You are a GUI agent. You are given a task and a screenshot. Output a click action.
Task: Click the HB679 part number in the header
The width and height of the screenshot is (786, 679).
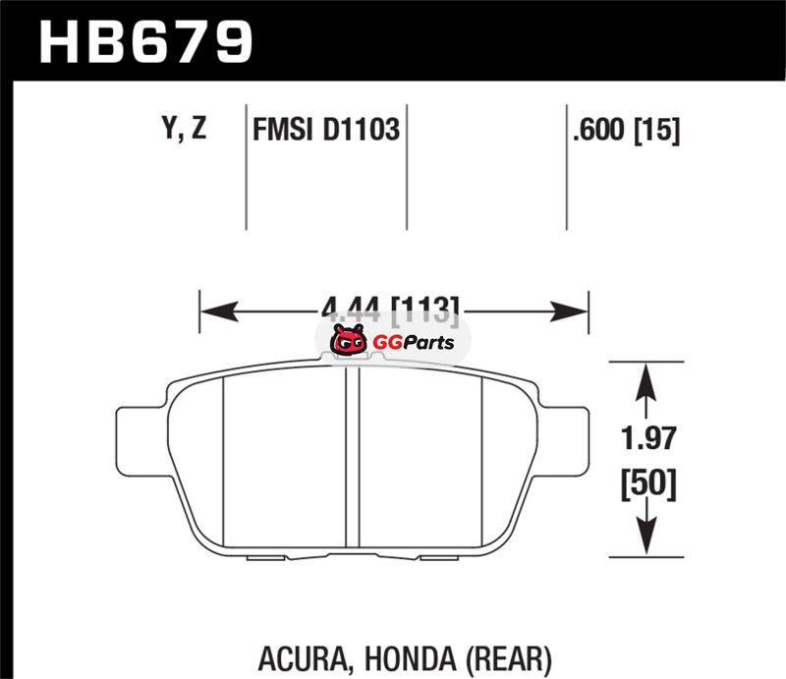145,40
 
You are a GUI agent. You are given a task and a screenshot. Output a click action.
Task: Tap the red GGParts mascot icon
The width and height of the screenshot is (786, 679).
346,343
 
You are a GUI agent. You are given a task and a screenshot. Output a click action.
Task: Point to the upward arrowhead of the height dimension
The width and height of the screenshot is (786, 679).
645,379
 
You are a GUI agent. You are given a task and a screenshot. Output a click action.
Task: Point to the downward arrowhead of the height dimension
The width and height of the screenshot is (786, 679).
645,540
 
